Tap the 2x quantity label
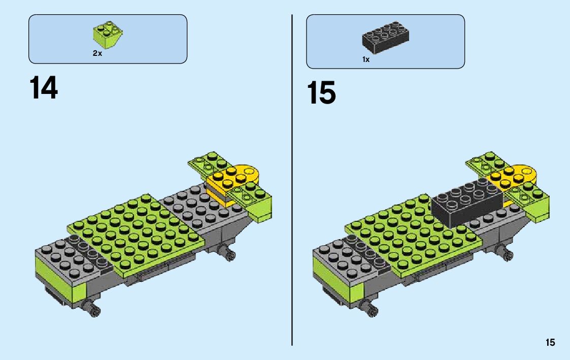[x=97, y=53]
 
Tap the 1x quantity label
[x=366, y=59]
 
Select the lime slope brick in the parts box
[x=108, y=35]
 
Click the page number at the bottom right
[x=550, y=343]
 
